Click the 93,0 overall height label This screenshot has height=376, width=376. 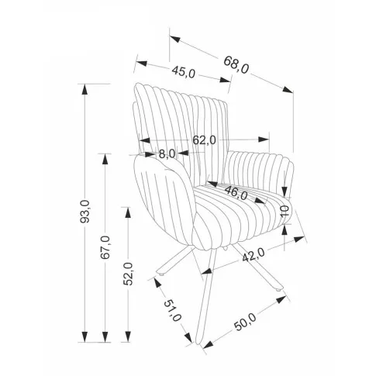(x=85, y=211)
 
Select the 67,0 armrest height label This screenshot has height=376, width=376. (x=105, y=247)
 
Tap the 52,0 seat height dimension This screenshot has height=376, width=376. (x=128, y=274)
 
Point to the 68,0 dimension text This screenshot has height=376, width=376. (x=236, y=65)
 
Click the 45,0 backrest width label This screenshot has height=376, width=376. (x=184, y=71)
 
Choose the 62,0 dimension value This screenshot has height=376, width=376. (x=204, y=140)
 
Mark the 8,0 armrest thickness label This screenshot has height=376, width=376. (x=167, y=154)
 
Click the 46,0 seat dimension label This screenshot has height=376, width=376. (x=236, y=193)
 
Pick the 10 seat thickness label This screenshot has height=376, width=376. (x=285, y=212)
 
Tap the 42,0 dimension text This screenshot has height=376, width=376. (x=254, y=255)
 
